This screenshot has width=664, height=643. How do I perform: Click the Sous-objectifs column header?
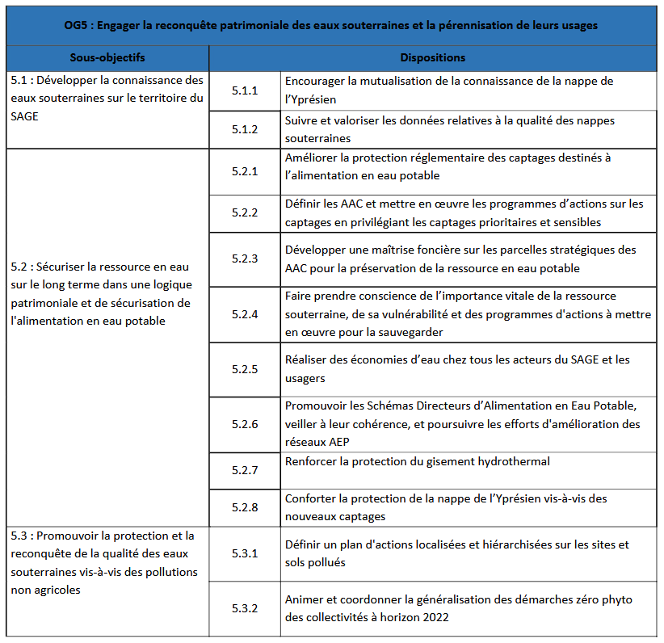coord(107,58)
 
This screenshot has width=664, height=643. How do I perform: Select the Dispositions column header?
coord(433,58)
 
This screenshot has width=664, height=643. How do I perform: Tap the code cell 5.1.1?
coord(245,90)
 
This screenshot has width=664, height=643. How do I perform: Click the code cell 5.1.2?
coord(245,129)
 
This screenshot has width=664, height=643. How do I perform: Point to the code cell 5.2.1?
coord(245,171)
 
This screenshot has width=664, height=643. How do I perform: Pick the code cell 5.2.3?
coord(245,258)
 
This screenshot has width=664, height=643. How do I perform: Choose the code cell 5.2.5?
coord(245,369)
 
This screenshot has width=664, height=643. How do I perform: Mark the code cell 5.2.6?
coord(245,424)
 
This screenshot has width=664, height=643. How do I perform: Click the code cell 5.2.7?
coord(245,470)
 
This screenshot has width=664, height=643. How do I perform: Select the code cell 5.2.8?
coord(245,507)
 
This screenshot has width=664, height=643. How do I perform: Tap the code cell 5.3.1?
coord(245,553)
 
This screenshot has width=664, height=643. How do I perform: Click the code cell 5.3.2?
coord(245,608)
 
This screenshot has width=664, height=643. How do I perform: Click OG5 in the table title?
coord(77,25)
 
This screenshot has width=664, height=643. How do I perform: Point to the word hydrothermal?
coord(510,461)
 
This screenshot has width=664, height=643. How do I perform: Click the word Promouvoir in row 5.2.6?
coord(314,404)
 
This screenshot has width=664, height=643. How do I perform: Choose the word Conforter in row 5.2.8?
coord(311,499)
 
